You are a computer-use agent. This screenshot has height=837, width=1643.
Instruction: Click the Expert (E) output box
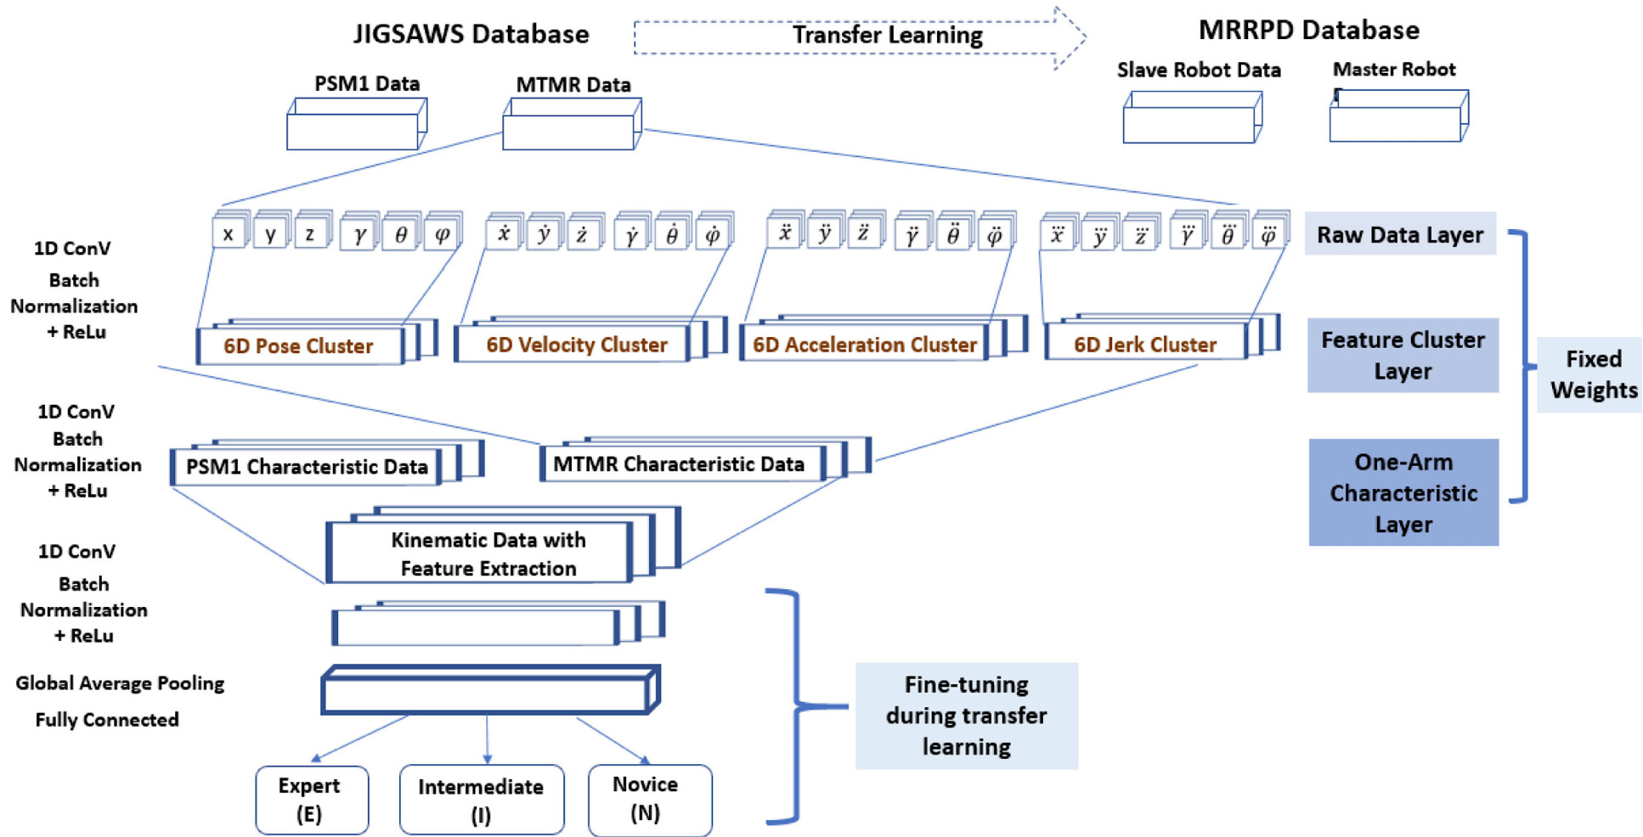pyautogui.click(x=312, y=800)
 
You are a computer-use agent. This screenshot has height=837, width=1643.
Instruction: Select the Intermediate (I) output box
pyautogui.click(x=481, y=800)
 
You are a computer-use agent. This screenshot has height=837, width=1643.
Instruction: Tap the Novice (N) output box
pyautogui.click(x=650, y=799)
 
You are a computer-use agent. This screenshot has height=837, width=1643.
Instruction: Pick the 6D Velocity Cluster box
pyautogui.click(x=576, y=345)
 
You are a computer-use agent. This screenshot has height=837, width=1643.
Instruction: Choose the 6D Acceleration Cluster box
pyautogui.click(x=864, y=345)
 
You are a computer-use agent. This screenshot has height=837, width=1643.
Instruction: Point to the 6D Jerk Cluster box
pyautogui.click(x=1144, y=345)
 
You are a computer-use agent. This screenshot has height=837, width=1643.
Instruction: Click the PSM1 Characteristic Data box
pyautogui.click(x=306, y=467)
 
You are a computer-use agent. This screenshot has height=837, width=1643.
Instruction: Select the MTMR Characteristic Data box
pyautogui.click(x=680, y=464)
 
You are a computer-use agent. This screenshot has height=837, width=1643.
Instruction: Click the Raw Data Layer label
pyautogui.click(x=1400, y=234)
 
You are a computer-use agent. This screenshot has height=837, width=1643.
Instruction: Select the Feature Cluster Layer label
pyautogui.click(x=1403, y=355)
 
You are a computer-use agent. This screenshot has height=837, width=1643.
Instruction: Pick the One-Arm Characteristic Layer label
pyautogui.click(x=1403, y=492)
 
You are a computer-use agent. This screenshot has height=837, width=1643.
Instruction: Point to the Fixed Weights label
pyautogui.click(x=1593, y=374)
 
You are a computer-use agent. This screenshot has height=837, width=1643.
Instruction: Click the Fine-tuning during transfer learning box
pyautogui.click(x=966, y=716)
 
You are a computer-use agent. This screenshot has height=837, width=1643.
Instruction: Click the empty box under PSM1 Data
pyautogui.click(x=353, y=130)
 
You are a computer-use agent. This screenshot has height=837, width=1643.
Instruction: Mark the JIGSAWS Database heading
pyautogui.click(x=471, y=34)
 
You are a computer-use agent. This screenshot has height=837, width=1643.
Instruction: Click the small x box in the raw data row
pyautogui.click(x=228, y=234)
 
